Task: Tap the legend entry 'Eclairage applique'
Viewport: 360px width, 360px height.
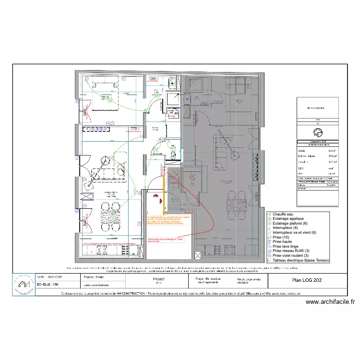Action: pos(290,218)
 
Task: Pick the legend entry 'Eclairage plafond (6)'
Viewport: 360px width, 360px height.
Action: pos(292,223)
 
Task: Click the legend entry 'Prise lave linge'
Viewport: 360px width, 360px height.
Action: pos(288,246)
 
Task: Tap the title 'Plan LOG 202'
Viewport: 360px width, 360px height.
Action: pos(307,280)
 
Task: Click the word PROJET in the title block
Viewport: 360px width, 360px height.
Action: pos(158,278)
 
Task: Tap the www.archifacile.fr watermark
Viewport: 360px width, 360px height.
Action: pos(330,302)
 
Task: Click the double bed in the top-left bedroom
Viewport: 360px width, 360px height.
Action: pos(105,102)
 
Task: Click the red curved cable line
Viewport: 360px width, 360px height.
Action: pos(202,202)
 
